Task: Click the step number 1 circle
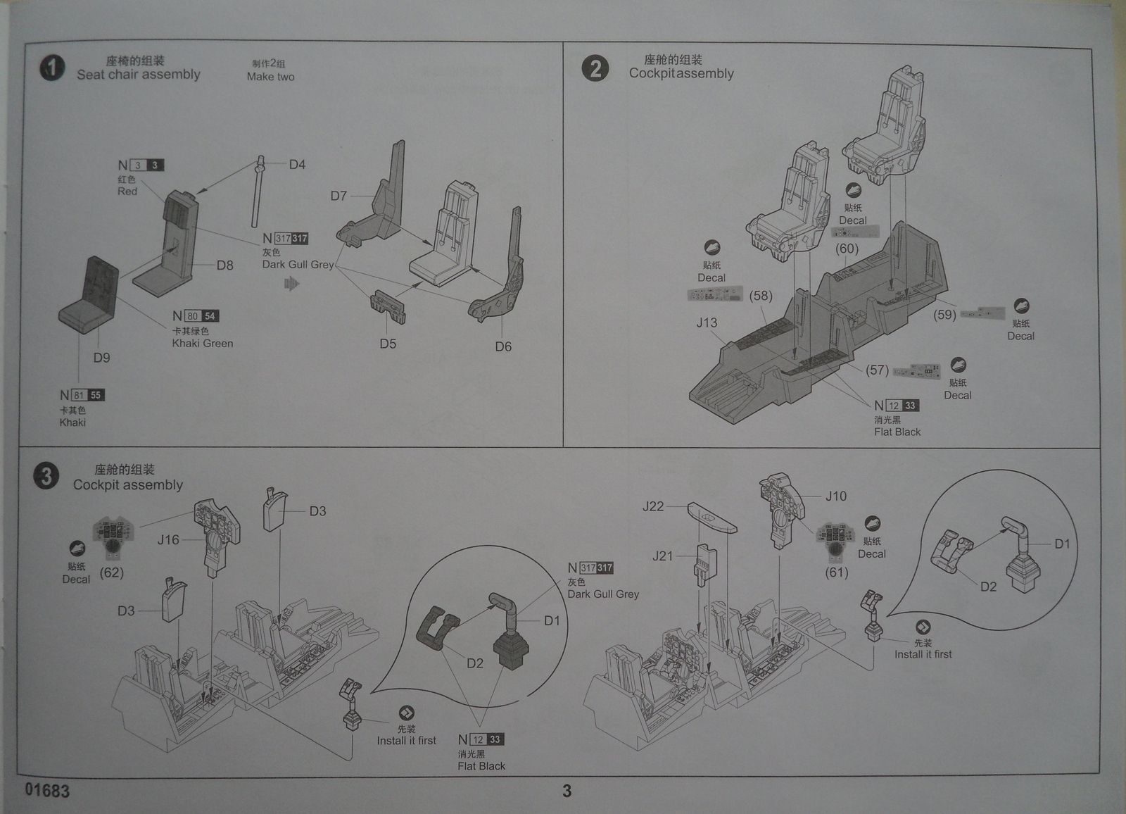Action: pos(51,68)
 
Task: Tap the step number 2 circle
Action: pos(595,68)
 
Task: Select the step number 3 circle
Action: pos(46,477)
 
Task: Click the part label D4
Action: pos(297,165)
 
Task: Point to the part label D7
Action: pos(339,196)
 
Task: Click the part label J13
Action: pos(707,323)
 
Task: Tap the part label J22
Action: pos(653,506)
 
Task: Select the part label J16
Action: pos(168,540)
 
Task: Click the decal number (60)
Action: pos(847,249)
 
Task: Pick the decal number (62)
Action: pos(112,572)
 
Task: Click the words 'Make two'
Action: pos(271,77)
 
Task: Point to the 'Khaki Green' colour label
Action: pos(203,344)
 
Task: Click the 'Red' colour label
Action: pos(127,192)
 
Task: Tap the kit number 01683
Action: pos(47,790)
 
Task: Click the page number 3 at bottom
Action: pos(567,791)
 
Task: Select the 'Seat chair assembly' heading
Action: pos(139,75)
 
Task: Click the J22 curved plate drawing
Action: pos(711,518)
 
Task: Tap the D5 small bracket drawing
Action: pos(388,307)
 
